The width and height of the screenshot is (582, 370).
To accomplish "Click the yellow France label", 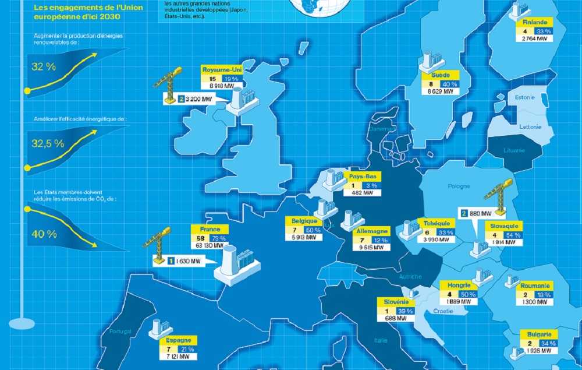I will pos(210,230).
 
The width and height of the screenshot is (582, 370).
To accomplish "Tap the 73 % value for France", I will pos(219,238).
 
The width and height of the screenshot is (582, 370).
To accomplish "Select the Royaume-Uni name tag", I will pos(221,69).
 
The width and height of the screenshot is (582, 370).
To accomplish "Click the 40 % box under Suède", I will pos(449,84).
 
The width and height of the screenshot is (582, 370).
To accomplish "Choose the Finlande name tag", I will pos(535,22).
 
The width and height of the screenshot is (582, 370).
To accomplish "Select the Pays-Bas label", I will pos(361,177).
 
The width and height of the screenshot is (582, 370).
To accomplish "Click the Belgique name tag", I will pos(305,221).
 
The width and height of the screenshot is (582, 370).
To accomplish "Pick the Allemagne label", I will pos(372,231).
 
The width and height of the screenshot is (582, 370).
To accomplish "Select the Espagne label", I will pos(178,340).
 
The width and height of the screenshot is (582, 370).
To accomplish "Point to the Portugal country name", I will pos(120,332).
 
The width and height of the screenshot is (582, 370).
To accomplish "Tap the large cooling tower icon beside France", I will pos(232,265).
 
